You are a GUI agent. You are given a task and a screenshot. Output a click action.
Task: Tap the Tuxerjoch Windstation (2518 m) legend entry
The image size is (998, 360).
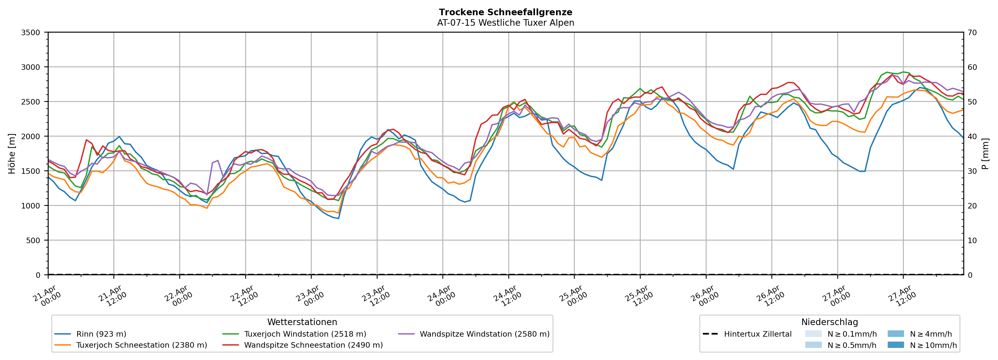(x=305, y=334)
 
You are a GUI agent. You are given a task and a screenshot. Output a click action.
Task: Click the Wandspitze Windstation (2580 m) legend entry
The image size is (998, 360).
(x=484, y=334)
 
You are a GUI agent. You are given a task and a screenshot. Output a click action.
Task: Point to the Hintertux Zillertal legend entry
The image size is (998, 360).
(x=757, y=334)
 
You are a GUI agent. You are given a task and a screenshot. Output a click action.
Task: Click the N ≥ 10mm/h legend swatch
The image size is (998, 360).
(x=895, y=345)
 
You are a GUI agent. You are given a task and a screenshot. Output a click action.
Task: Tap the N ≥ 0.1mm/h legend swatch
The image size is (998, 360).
(x=813, y=334)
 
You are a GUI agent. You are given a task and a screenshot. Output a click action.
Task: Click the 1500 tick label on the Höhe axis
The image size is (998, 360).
(x=31, y=171)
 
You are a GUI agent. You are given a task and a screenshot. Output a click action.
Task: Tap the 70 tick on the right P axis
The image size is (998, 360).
(x=972, y=33)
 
